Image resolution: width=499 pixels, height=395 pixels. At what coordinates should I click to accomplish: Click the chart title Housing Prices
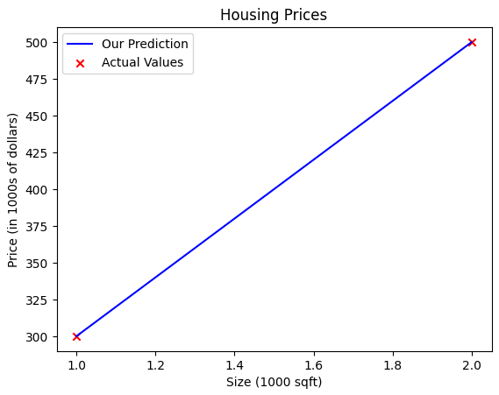point(274,15)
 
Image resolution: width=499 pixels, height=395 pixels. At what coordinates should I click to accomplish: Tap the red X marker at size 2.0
point(472,42)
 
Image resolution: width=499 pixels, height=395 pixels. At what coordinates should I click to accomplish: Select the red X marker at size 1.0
point(76,336)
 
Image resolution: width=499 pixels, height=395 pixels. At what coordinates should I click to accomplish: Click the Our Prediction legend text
point(145,44)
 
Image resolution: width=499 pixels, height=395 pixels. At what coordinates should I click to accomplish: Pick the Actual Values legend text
point(142,62)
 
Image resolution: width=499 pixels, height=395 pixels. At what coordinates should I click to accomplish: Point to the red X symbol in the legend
point(80,64)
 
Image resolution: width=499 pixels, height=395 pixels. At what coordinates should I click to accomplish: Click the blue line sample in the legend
point(80,44)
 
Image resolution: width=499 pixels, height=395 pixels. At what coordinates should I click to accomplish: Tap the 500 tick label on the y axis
point(36,43)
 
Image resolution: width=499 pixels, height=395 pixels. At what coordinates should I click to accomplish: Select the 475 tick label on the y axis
point(36,80)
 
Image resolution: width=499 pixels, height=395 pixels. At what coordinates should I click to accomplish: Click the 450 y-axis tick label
point(36,116)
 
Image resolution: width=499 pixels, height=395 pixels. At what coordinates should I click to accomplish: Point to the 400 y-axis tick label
point(36,190)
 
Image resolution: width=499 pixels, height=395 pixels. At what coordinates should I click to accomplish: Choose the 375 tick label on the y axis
point(36,227)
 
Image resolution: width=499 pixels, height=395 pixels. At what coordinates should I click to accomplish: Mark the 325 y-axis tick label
point(36,300)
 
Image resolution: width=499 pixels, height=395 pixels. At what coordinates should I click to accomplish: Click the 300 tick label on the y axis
point(36,337)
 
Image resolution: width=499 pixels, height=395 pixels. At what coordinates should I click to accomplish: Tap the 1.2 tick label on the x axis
point(155,365)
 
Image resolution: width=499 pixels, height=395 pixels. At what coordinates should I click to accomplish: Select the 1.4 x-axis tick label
point(234,365)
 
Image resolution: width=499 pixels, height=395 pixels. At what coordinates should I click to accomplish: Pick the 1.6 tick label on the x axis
point(314,365)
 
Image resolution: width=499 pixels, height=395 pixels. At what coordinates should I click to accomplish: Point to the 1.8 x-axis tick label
point(393,365)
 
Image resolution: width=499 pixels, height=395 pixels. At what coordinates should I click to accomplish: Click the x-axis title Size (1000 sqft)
point(274,382)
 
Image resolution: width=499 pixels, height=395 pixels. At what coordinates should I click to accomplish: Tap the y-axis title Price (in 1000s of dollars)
point(12,190)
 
